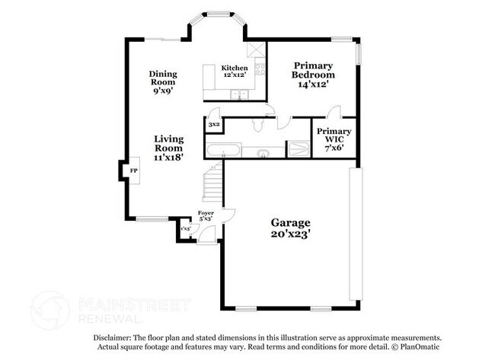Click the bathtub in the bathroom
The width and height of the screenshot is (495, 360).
(x=222, y=149)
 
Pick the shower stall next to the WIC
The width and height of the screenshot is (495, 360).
(x=299, y=149)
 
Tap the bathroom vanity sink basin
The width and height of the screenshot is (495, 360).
(x=262, y=152)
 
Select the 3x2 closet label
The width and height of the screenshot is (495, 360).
(x=214, y=123)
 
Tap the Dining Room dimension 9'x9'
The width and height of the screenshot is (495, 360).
(x=162, y=90)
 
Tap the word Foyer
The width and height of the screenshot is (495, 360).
(x=206, y=212)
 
